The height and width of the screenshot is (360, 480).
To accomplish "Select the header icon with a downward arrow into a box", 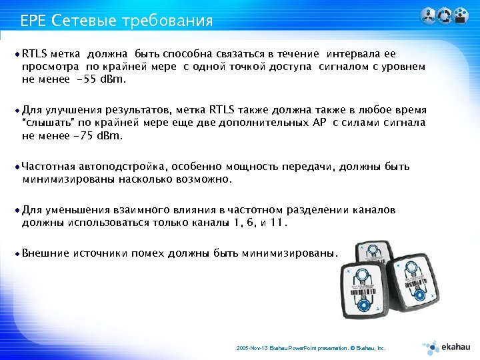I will pyautogui.click(x=461, y=16).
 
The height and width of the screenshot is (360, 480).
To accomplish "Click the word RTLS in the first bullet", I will pyautogui.click(x=33, y=53).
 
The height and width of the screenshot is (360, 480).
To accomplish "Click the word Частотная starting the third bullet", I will pyautogui.click(x=49, y=167).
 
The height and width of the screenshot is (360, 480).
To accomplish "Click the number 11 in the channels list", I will pyautogui.click(x=278, y=223).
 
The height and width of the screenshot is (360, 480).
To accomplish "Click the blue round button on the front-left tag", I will pyautogui.click(x=363, y=305).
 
